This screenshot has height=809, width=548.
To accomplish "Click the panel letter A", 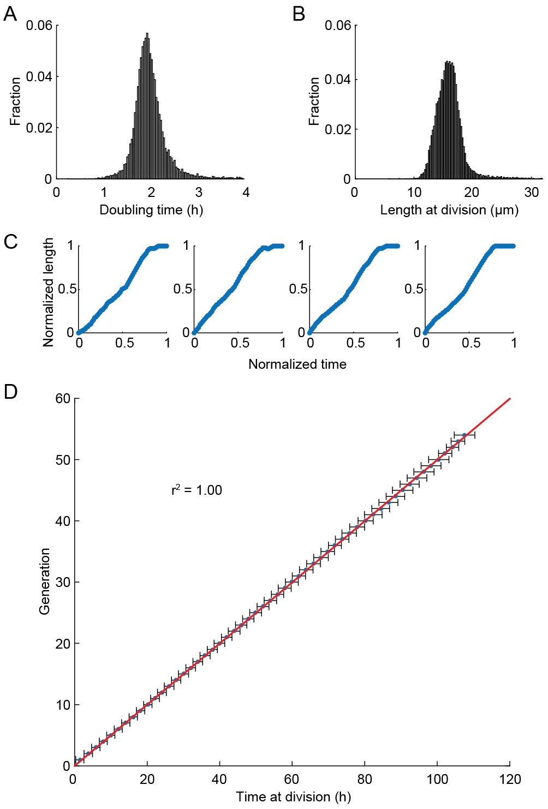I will pyautogui.click(x=10, y=14).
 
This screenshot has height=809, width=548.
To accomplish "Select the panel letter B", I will pyautogui.click(x=299, y=14).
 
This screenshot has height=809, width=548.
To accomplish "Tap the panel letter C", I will pyautogui.click(x=10, y=242).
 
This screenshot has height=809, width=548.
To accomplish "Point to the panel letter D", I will pyautogui.click(x=10, y=392).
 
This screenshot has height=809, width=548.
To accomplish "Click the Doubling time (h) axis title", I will pyautogui.click(x=151, y=210).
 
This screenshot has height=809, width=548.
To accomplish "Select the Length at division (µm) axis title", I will pyautogui.click(x=449, y=210).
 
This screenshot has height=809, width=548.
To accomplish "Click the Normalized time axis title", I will pyautogui.click(x=297, y=364).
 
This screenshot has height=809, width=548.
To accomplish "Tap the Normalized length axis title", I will pyautogui.click(x=49, y=292).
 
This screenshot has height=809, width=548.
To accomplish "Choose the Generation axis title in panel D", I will pyautogui.click(x=44, y=582).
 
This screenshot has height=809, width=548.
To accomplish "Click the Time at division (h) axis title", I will pyautogui.click(x=294, y=797).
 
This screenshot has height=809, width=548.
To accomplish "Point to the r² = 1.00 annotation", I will pyautogui.click(x=196, y=490).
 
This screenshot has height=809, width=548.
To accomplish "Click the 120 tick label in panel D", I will pyautogui.click(x=510, y=779).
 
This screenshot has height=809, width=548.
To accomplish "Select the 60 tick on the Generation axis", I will pyautogui.click(x=63, y=399).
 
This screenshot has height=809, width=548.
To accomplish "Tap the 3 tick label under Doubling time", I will pyautogui.click(x=199, y=193).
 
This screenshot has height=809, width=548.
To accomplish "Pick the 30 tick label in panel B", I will pyautogui.click(x=532, y=193).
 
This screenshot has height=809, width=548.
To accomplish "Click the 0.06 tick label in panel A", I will pyautogui.click(x=39, y=26).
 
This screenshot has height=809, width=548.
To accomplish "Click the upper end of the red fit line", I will pyautogui.click(x=510, y=399).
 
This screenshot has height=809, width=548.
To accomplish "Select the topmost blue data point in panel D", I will pyautogui.click(x=464, y=435).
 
